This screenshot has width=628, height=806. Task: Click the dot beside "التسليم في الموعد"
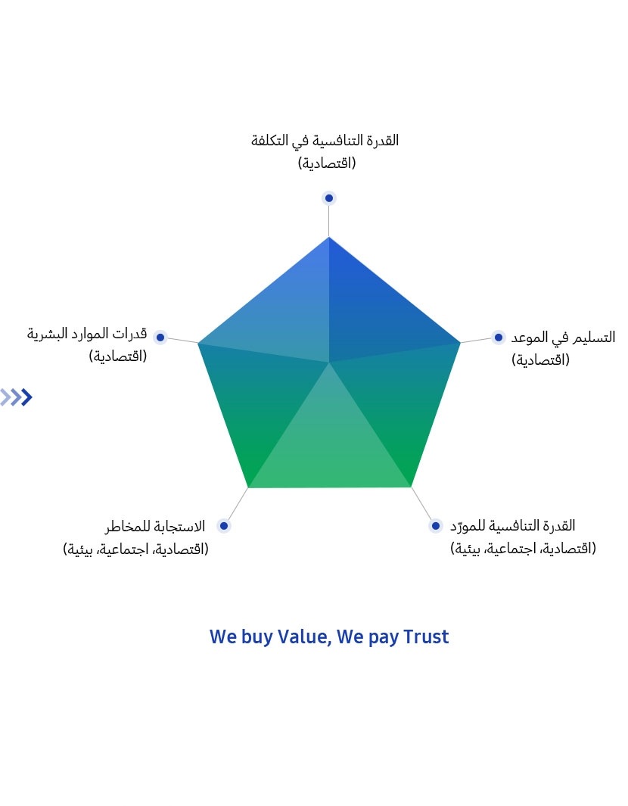point(498,338)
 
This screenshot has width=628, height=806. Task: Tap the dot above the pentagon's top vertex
point(329,198)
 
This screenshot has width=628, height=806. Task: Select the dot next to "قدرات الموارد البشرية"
point(160,338)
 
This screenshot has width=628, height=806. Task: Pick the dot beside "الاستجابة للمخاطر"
point(223,526)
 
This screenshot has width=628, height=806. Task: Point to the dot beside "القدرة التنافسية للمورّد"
point(435,526)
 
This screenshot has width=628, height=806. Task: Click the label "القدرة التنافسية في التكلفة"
point(325,141)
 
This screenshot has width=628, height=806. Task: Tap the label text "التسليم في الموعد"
point(563,338)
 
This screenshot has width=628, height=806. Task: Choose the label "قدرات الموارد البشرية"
point(87,334)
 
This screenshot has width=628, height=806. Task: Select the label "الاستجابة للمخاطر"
point(155,527)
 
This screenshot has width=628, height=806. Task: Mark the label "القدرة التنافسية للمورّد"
point(513,526)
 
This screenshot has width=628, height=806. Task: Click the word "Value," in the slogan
point(305,637)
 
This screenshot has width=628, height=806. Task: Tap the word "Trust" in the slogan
point(426,637)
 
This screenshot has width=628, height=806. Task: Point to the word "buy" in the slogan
point(257,638)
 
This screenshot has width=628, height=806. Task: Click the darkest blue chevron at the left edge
point(26,397)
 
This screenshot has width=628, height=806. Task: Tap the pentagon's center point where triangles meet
point(329,363)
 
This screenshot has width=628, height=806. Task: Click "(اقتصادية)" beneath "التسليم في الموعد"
point(541,359)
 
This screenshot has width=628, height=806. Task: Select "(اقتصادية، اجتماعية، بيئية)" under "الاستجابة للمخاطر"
point(135,549)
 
